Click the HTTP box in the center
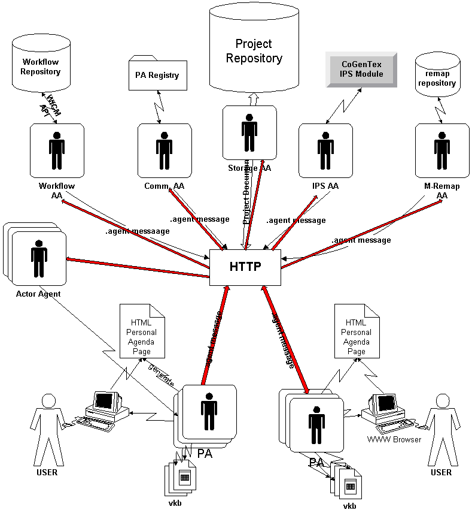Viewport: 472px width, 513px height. [x=245, y=267]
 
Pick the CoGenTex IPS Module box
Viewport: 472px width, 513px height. [x=361, y=69]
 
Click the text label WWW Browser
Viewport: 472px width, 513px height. [x=394, y=439]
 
